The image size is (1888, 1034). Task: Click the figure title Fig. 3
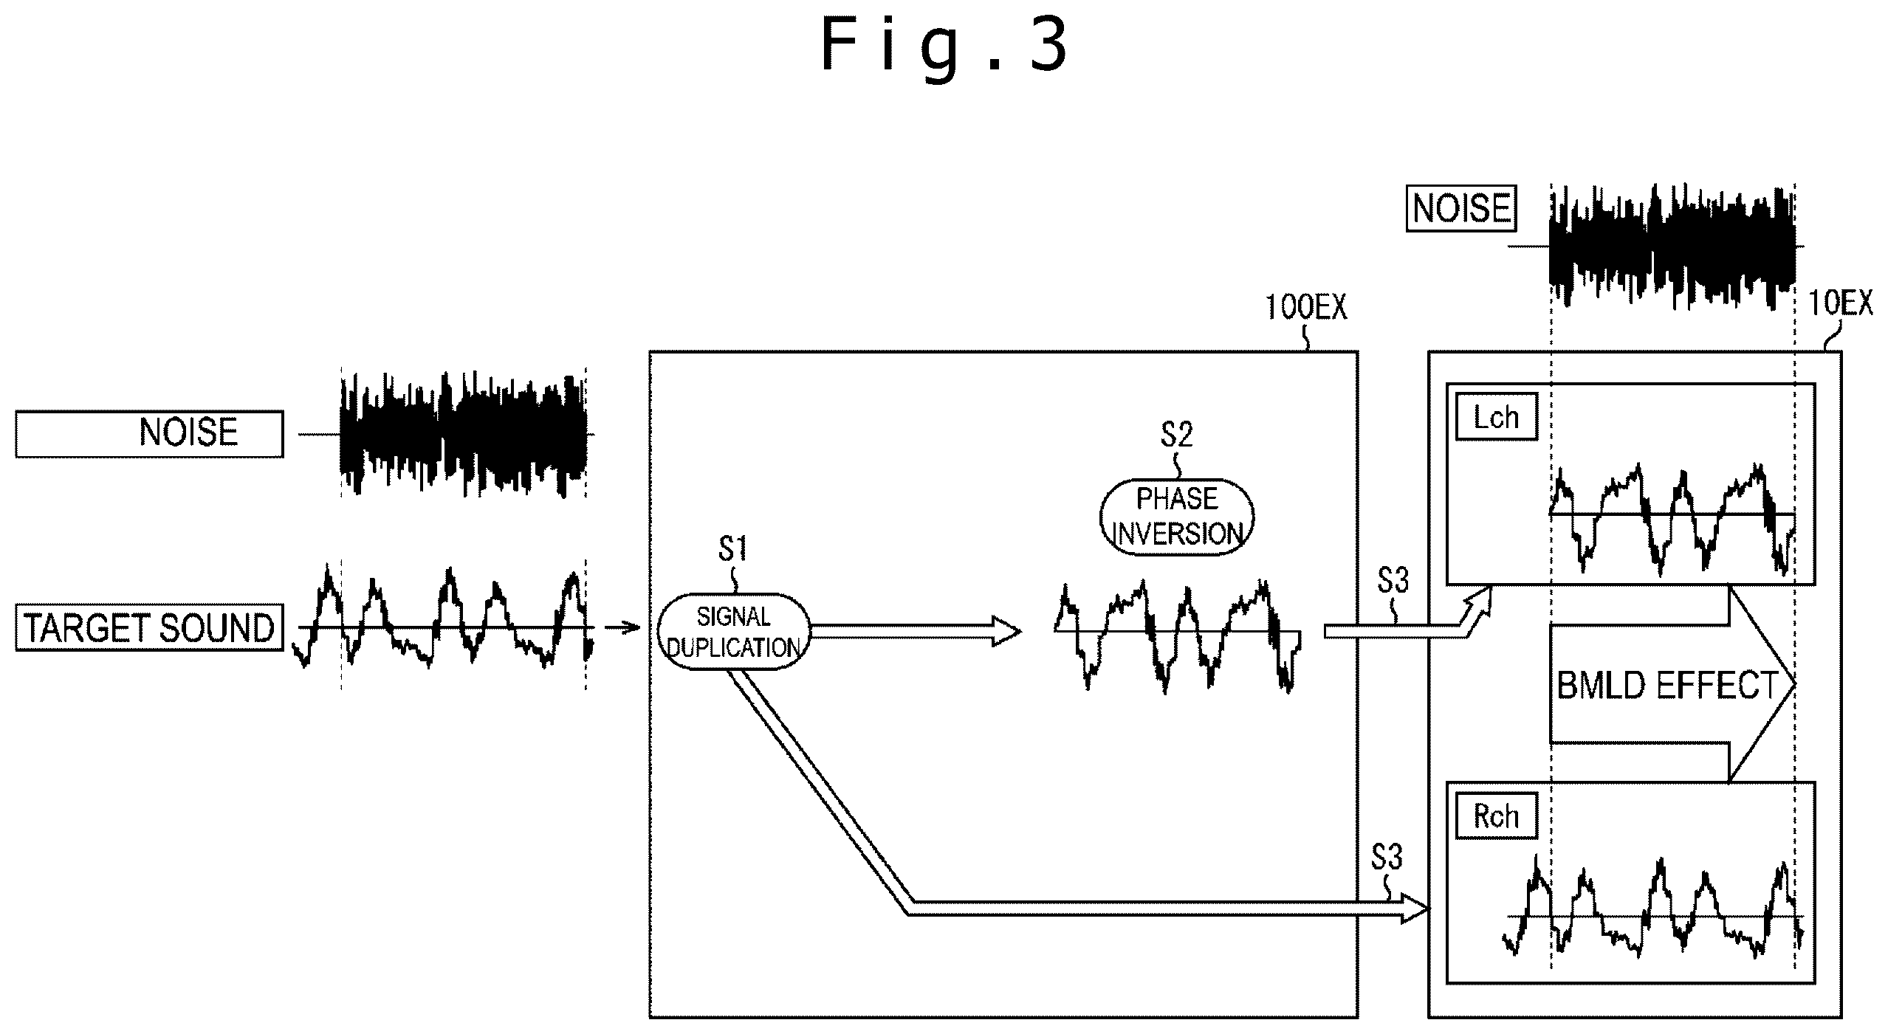(944, 46)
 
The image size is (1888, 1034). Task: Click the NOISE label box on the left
(149, 434)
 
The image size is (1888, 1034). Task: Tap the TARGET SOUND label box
(149, 628)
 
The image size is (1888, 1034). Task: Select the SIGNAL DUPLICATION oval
(733, 632)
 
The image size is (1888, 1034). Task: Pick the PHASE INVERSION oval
(1177, 517)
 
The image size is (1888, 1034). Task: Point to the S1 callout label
(732, 550)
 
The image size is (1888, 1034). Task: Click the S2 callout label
(1176, 435)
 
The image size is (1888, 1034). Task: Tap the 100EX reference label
(1306, 308)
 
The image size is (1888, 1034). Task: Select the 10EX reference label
(1840, 303)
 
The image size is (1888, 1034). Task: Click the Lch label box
(1496, 418)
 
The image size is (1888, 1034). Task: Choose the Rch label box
(1496, 816)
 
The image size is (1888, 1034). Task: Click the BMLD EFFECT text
(1667, 686)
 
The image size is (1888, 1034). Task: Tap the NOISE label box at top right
(1461, 209)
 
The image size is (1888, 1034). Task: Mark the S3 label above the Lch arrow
(1393, 582)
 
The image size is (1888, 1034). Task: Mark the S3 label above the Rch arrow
(1387, 858)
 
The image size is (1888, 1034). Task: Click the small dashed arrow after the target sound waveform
(622, 628)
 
